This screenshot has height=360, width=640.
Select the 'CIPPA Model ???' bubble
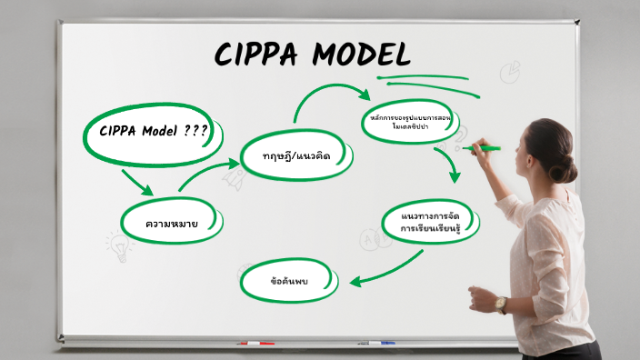coord(154,131)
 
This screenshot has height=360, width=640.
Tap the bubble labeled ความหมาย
coord(173,222)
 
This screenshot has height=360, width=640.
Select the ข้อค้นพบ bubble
coord(290,281)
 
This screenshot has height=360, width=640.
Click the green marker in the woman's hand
coord(486,147)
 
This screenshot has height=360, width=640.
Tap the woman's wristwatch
coord(501,305)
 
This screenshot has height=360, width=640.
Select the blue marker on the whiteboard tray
coord(377,344)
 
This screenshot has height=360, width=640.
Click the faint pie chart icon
coord(512,71)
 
